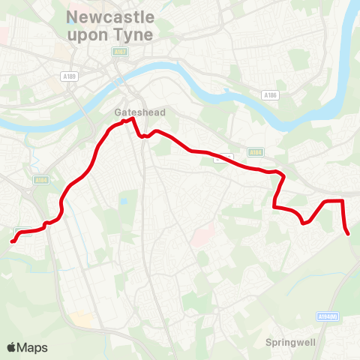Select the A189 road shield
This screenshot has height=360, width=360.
tap(70, 76)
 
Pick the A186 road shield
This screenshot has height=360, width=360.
tap(271, 95)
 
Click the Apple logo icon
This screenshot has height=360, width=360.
tap(11, 347)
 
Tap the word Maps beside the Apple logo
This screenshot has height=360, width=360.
tap(32, 347)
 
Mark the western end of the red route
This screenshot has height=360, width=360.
tap(12, 241)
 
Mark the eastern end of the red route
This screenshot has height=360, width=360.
tap(349, 233)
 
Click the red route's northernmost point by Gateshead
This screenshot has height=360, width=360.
tap(132, 118)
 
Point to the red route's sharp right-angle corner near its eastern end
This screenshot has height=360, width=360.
tap(342, 201)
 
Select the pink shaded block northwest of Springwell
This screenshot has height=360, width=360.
tap(200, 238)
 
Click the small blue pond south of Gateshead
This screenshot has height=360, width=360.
tap(123, 201)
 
